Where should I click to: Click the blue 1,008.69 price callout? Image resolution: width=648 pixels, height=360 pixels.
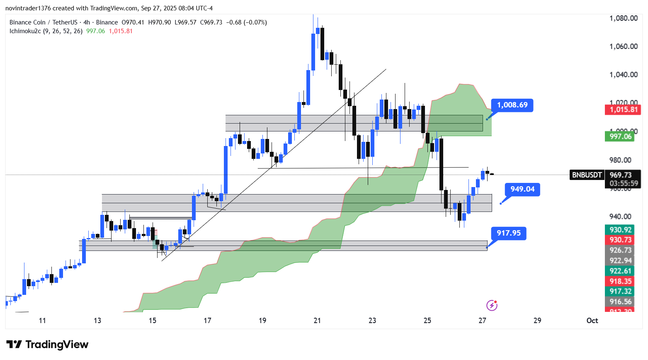click(512, 105)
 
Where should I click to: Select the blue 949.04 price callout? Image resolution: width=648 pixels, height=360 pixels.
click(522, 190)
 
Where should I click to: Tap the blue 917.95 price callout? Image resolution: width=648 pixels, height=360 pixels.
click(509, 233)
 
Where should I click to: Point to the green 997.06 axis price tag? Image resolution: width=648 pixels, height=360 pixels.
click(620, 136)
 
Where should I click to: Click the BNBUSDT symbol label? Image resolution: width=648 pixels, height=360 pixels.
click(587, 175)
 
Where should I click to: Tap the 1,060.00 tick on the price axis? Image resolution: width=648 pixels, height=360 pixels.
click(623, 46)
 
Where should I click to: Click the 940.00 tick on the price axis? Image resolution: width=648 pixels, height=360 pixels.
click(620, 216)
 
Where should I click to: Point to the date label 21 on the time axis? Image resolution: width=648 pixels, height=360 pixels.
click(318, 321)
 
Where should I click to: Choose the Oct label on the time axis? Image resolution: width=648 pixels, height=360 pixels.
click(592, 321)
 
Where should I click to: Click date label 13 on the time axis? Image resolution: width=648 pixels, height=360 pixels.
click(97, 321)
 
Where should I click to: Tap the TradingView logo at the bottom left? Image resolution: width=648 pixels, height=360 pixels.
click(48, 345)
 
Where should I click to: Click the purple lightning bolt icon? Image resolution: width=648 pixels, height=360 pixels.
click(492, 306)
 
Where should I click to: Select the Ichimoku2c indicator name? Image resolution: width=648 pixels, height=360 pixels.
click(25, 31)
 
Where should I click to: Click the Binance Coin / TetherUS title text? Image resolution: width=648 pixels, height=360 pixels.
click(44, 22)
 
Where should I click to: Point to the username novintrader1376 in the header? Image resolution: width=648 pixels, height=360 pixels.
click(28, 8)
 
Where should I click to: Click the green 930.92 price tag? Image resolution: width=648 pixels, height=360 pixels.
click(620, 230)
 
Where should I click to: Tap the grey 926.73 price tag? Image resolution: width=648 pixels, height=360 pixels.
click(620, 250)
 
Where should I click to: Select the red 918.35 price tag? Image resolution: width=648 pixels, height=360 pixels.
click(620, 281)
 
